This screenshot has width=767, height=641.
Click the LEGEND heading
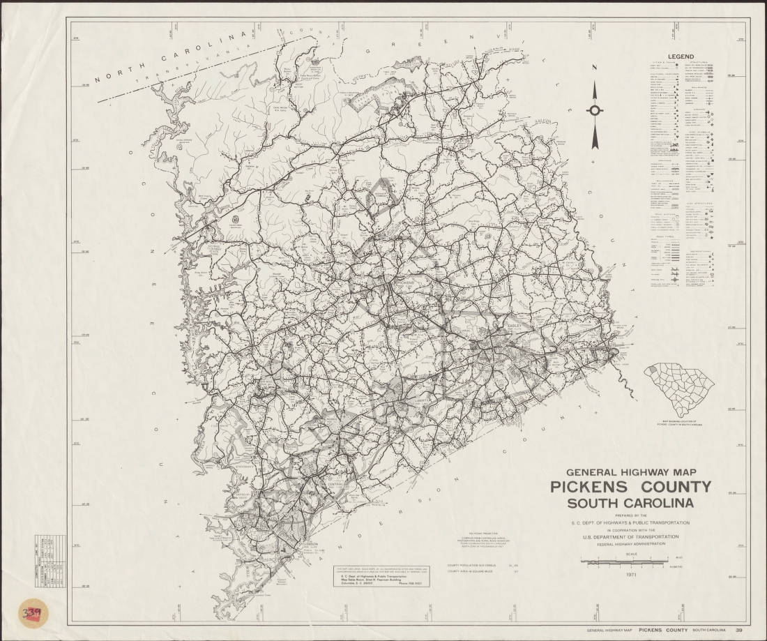tap(682, 56)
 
